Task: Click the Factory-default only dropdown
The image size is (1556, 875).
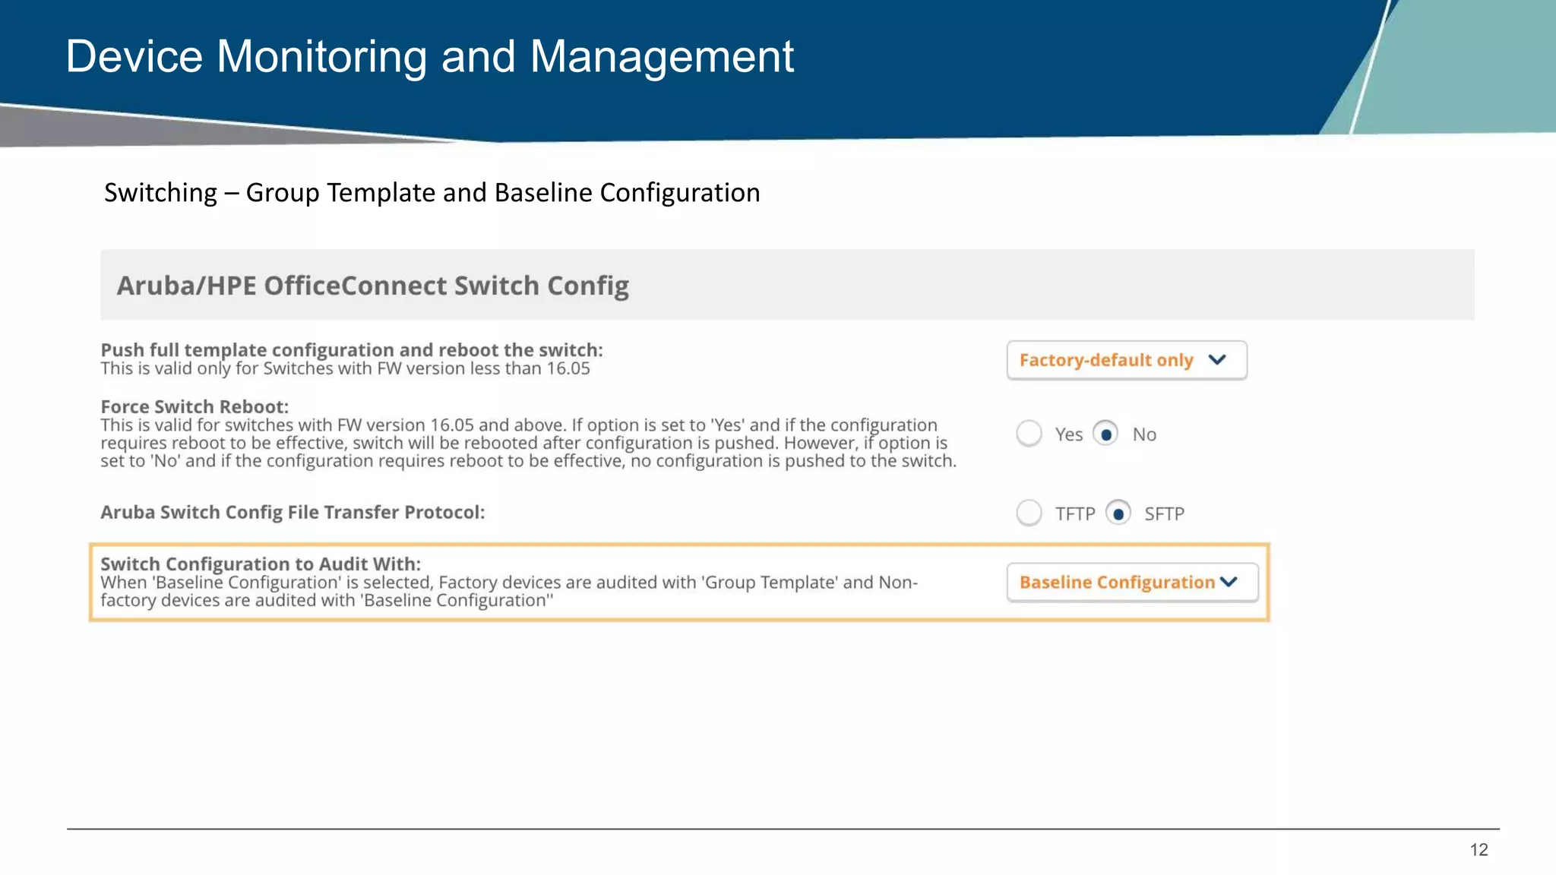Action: (x=1126, y=360)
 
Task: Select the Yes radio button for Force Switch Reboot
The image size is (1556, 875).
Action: (x=1029, y=434)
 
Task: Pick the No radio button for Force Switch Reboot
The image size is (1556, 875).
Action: (x=1105, y=434)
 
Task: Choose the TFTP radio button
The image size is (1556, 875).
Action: (x=1029, y=513)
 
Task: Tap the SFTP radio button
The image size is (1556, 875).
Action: (x=1118, y=513)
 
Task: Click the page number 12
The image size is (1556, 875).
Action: (x=1479, y=850)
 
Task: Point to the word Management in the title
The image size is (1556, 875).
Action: (x=662, y=57)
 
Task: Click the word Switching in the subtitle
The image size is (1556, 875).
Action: (x=160, y=193)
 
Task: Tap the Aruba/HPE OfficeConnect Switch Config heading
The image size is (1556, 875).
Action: (x=372, y=286)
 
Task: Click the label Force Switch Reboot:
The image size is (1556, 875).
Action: (x=194, y=407)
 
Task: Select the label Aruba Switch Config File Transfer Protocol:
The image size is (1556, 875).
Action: (x=293, y=513)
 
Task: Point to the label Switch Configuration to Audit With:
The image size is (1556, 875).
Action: (x=261, y=564)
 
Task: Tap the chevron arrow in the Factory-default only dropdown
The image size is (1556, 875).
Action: (x=1217, y=360)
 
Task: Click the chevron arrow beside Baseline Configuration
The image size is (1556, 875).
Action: (x=1229, y=583)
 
